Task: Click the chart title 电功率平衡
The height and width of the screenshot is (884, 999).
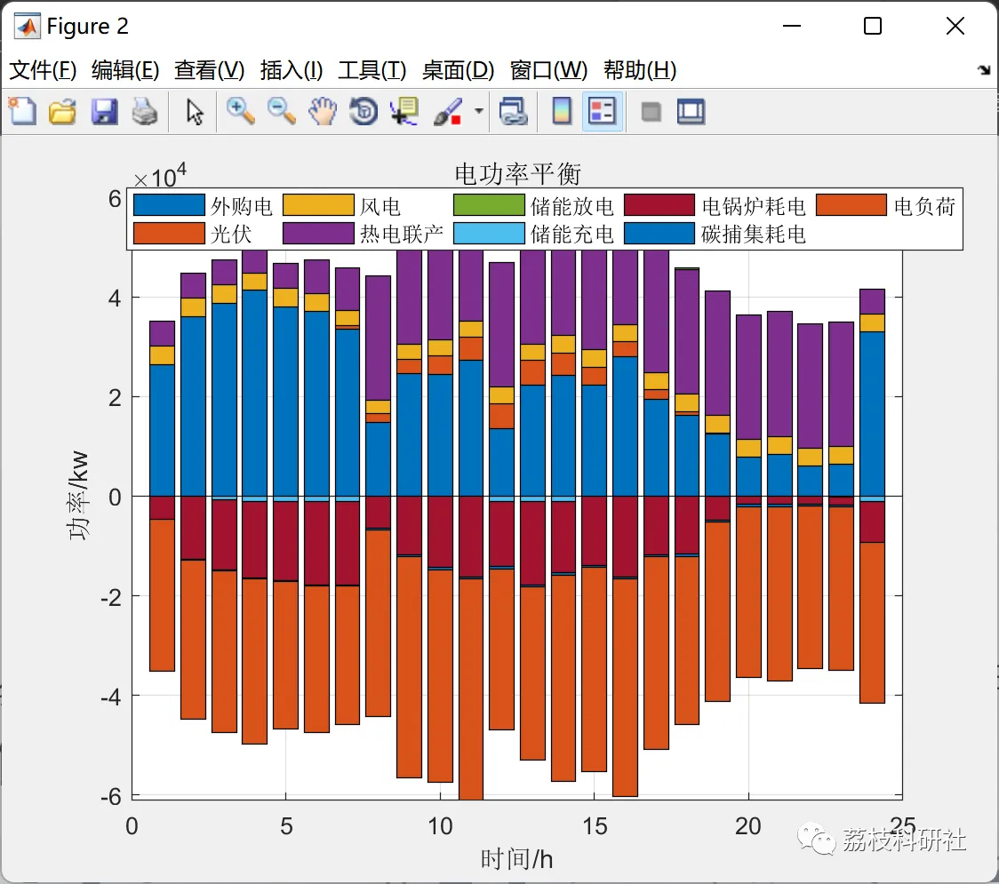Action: (517, 172)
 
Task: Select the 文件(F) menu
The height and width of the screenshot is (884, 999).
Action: (43, 70)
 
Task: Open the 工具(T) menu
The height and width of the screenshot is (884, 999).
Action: (372, 70)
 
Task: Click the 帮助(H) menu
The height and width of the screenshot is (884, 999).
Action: (639, 70)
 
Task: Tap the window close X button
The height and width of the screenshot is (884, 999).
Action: (955, 27)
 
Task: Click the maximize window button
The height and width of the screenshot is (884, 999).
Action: (873, 27)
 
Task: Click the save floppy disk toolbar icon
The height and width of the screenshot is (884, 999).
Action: (104, 112)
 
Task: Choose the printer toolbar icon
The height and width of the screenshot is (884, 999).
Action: (145, 112)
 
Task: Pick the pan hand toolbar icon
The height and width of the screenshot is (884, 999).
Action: (323, 111)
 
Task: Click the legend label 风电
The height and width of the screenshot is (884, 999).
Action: (380, 207)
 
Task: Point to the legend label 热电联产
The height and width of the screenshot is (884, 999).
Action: (401, 234)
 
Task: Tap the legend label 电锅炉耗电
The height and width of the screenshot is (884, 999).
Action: (753, 207)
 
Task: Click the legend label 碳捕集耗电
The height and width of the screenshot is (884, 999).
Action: (753, 234)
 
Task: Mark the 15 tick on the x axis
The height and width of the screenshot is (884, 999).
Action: (594, 826)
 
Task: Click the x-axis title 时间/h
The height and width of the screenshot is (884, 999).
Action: (516, 859)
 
